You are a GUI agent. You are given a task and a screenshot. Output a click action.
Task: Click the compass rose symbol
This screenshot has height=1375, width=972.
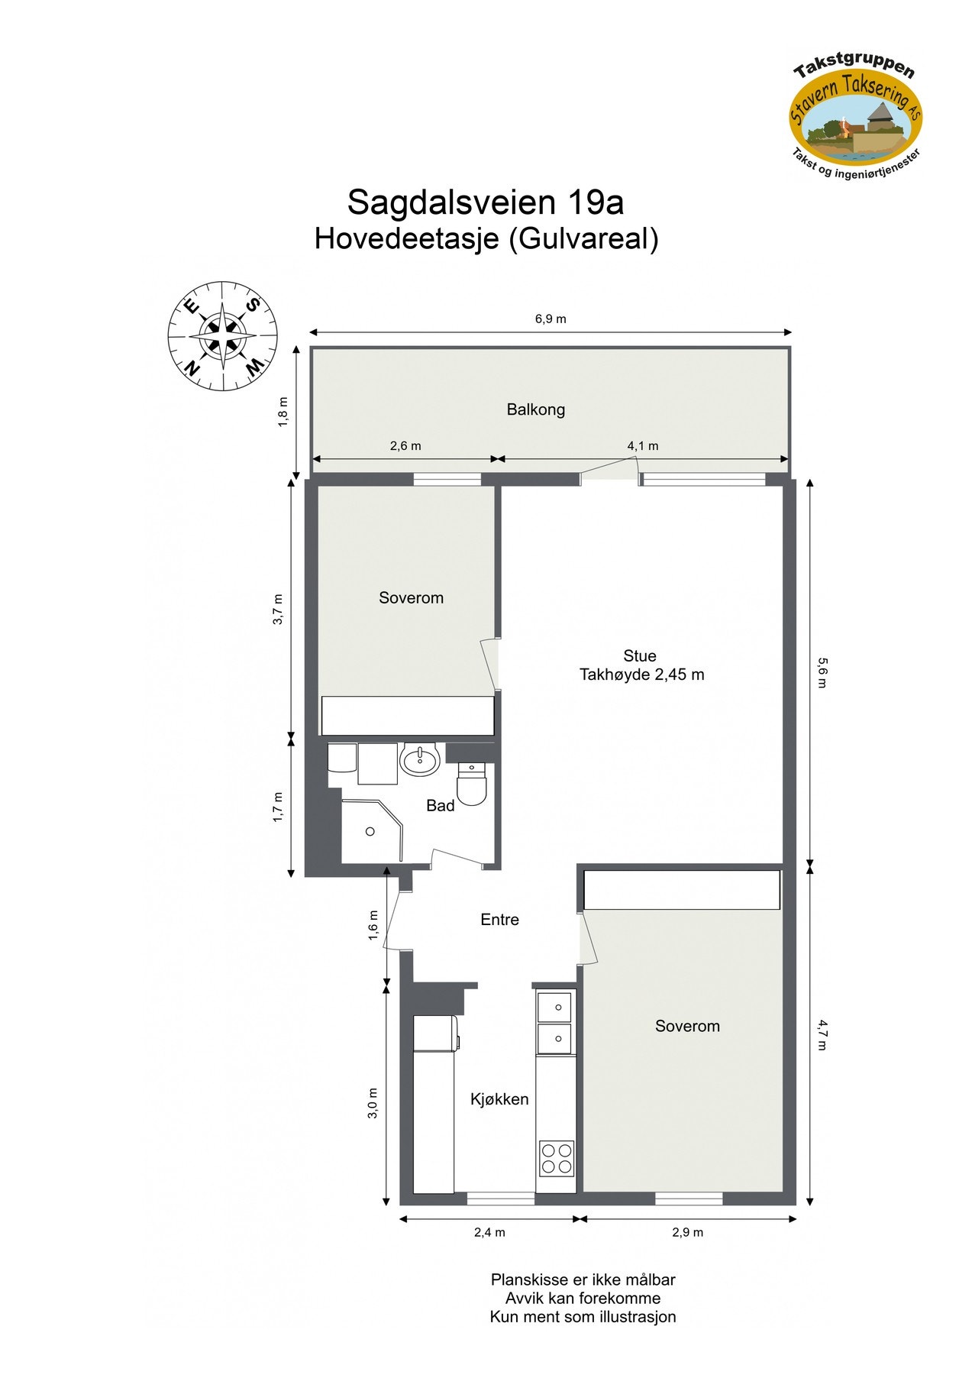[222, 335]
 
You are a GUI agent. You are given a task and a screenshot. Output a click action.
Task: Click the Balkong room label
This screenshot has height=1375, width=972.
[536, 409]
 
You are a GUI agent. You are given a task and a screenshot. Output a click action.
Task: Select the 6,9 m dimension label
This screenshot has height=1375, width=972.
[551, 319]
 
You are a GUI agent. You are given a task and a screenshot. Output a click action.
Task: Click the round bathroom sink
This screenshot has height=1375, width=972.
[419, 760]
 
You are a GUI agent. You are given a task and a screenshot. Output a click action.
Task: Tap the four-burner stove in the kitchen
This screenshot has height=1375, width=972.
[557, 1157]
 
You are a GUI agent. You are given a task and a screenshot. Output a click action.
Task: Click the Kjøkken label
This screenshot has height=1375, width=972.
[499, 1099]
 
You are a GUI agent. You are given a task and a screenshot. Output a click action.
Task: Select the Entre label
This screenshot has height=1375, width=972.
[499, 920]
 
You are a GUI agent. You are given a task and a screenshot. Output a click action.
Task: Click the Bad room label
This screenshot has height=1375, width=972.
[441, 805]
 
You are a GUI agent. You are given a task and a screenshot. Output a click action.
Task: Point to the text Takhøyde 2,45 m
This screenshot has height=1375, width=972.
[641, 675]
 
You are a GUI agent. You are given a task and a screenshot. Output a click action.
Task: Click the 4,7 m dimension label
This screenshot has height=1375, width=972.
[822, 1034]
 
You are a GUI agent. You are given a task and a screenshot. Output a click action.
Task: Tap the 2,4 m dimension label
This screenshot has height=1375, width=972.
[489, 1232]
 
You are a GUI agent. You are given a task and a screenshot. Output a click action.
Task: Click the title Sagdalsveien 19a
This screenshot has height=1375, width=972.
[486, 202]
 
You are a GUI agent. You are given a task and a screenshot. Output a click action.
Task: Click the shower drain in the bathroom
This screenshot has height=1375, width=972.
[370, 831]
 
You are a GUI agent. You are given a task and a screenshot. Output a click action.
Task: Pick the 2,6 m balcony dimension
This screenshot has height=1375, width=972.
[405, 446]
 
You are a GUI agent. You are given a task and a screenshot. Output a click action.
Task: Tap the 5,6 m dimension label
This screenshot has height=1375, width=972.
[822, 672]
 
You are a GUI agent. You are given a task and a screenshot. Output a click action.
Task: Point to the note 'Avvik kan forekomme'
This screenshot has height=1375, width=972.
[583, 1298]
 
